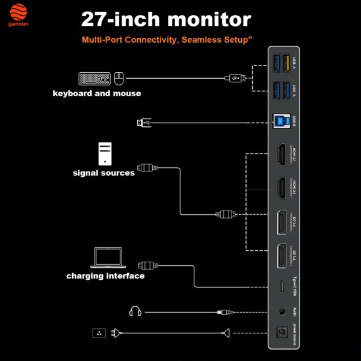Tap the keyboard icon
(x=94, y=78)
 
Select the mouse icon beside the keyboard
(x=119, y=78)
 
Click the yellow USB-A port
(x=285, y=63)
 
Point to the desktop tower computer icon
(x=105, y=153)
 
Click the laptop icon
(x=108, y=258)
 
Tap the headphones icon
(x=135, y=311)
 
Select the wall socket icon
(x=98, y=333)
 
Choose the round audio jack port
(x=281, y=312)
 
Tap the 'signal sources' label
(x=103, y=173)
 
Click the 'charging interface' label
(x=105, y=276)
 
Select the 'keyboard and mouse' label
(x=97, y=93)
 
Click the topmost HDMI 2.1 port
(x=281, y=155)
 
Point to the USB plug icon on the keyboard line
(x=235, y=78)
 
